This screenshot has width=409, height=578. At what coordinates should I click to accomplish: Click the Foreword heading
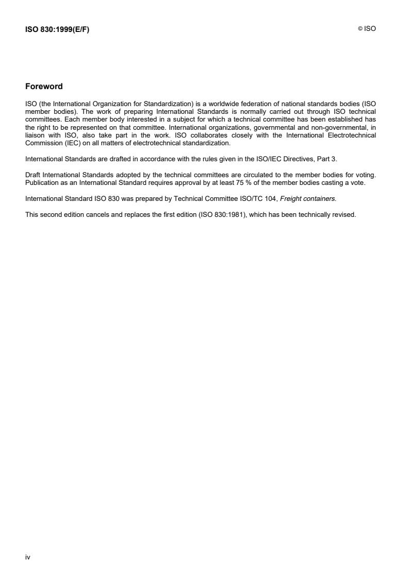(44, 87)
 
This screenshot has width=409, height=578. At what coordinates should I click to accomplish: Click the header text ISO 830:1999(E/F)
(57, 29)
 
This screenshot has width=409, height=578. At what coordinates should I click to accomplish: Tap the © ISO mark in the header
(367, 29)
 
